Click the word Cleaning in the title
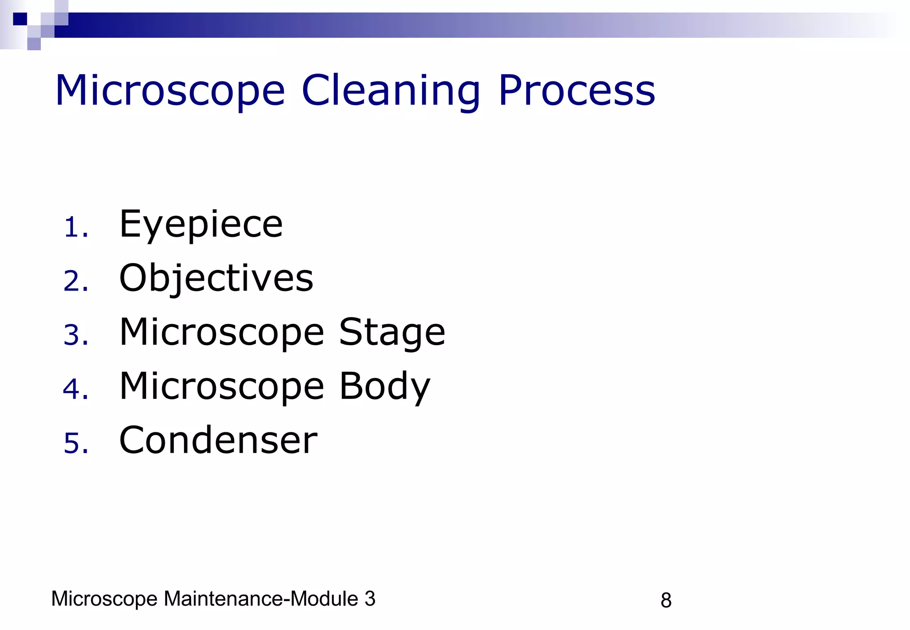[391, 91]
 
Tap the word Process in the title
[576, 91]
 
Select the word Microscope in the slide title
[170, 91]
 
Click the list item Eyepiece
[201, 225]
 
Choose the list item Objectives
[216, 279]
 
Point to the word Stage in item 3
[392, 333]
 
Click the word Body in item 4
[385, 387]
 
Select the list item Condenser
[218, 440]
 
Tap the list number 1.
[75, 228]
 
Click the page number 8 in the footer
[666, 601]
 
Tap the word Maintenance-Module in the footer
[261, 599]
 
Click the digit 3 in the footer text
[370, 599]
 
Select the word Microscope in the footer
[104, 599]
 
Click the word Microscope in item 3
[222, 333]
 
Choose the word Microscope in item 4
[222, 387]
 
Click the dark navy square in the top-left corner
[20, 19]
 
